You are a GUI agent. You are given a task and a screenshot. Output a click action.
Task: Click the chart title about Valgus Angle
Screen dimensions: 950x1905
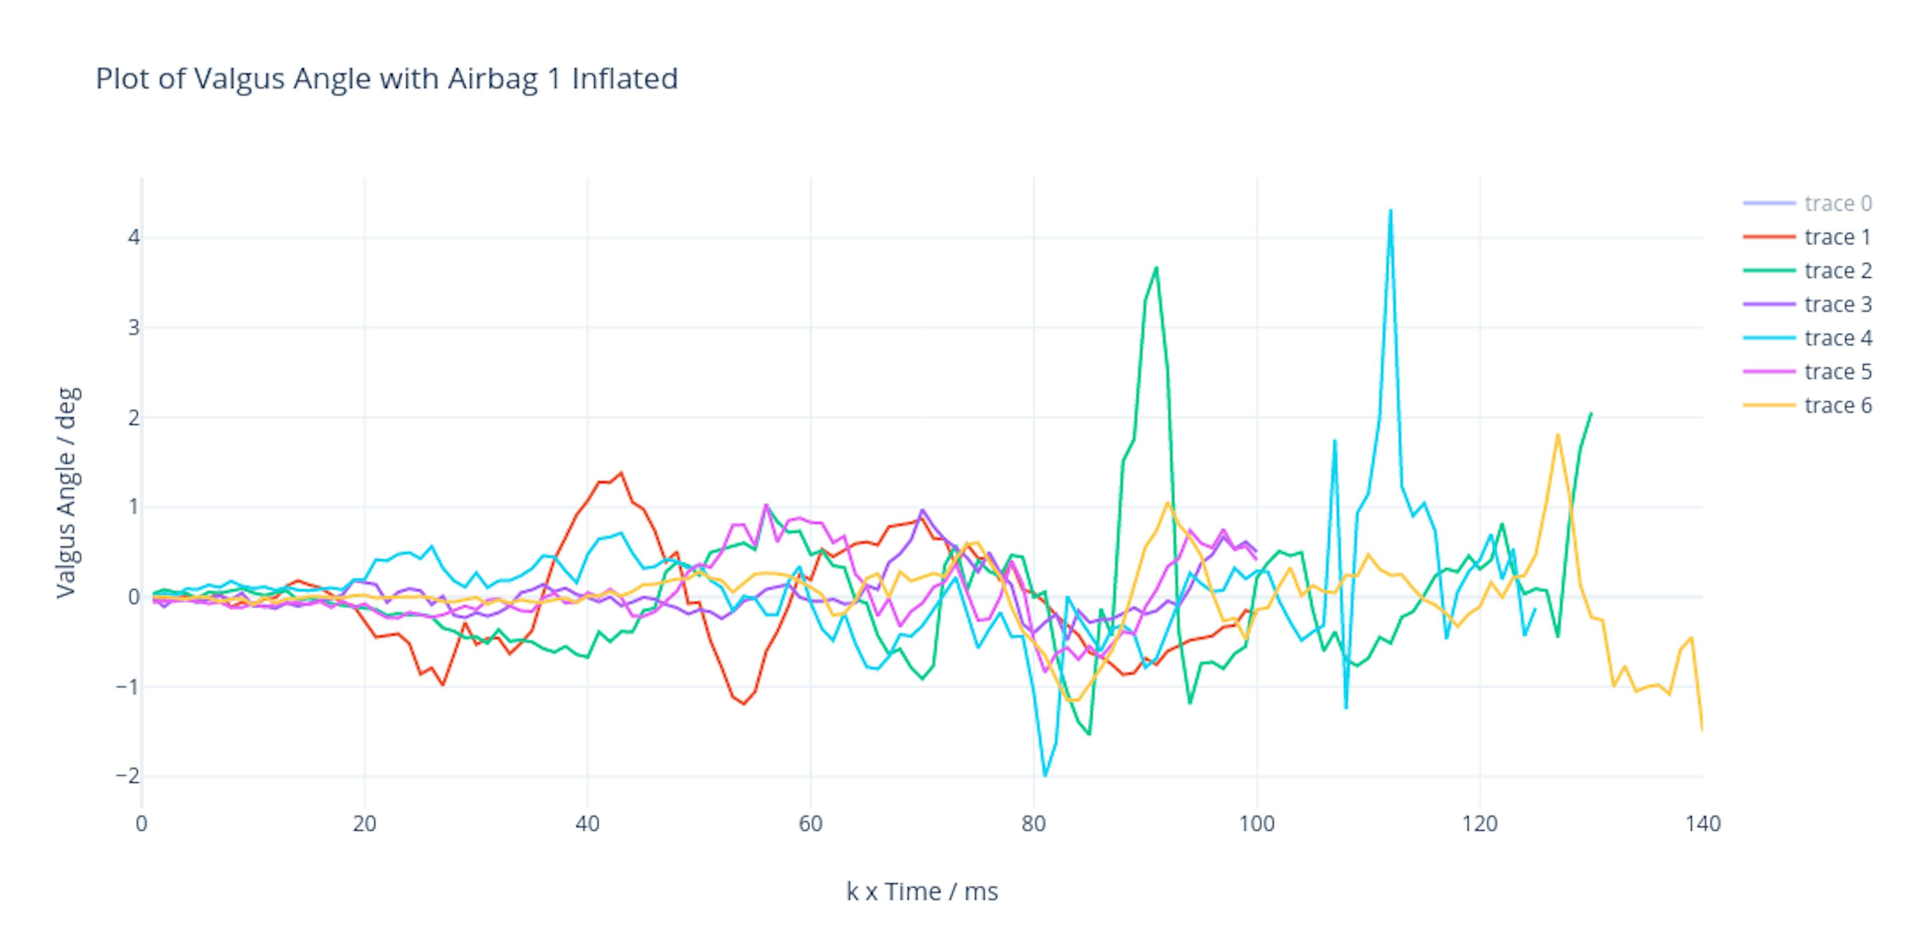tap(386, 78)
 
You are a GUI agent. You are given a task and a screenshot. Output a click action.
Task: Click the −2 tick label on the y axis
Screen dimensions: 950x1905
tap(127, 776)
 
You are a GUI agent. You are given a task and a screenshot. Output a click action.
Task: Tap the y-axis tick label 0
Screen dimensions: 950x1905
tap(133, 597)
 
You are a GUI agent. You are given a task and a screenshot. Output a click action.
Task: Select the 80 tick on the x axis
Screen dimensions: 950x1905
tap(1033, 823)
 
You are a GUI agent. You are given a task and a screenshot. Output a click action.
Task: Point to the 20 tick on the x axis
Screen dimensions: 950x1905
tap(364, 823)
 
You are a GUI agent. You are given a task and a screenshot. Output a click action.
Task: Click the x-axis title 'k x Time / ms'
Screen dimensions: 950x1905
tap(921, 891)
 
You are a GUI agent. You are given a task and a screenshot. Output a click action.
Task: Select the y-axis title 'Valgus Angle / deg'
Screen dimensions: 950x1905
tap(66, 493)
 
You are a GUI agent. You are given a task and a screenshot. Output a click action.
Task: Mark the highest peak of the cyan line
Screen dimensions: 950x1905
tap(1390, 211)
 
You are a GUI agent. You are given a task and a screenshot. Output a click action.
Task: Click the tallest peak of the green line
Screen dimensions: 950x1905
tap(1156, 267)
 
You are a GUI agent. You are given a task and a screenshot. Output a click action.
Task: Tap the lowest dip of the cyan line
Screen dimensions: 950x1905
tap(1044, 775)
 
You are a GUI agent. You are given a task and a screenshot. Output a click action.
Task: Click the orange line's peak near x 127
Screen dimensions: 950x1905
tap(1557, 435)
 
